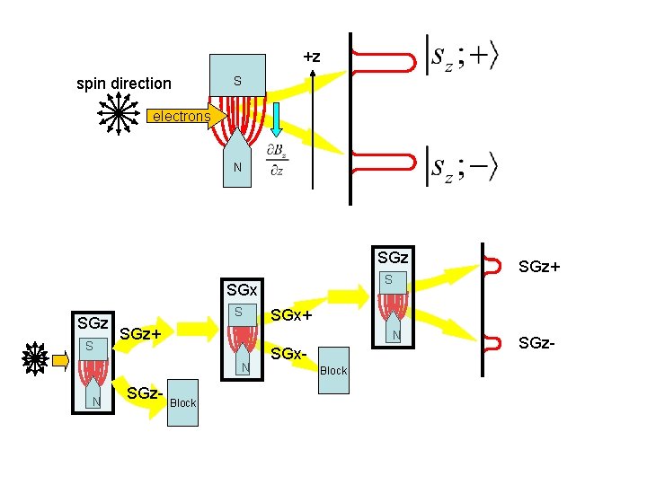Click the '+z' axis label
312,57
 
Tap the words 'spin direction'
123,84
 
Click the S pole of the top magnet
237,82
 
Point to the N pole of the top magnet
237,167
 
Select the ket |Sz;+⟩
462,57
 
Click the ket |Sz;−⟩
462,167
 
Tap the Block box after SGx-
333,370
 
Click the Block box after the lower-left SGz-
182,402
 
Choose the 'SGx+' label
291,316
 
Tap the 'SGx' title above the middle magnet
242,290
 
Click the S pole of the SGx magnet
239,313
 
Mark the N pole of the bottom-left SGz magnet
95,401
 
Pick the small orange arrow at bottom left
60,360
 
